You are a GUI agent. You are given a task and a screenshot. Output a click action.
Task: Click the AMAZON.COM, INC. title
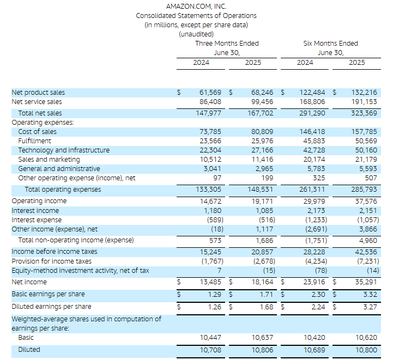(196, 6)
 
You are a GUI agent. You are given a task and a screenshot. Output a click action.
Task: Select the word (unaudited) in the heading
(196, 34)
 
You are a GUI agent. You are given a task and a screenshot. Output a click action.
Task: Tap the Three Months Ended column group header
(227, 44)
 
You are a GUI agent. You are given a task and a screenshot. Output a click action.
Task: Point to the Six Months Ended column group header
(331, 44)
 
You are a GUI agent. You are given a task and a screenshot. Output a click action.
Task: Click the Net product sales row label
(38, 93)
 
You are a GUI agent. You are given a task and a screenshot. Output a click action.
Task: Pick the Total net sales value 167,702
(261, 113)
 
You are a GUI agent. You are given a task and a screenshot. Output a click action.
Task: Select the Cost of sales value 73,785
(210, 132)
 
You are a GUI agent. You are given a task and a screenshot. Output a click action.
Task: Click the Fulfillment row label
(34, 141)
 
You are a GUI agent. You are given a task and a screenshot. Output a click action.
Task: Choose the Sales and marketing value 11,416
(262, 160)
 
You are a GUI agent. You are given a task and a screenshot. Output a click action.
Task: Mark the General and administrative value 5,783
(316, 169)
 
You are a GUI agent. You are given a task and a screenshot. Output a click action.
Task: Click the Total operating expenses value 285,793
(364, 190)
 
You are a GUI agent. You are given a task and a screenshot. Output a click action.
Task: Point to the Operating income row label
(39, 201)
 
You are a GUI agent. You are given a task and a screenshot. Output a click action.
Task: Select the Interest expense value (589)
(215, 220)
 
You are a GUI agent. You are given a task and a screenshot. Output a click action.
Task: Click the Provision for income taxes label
(52, 261)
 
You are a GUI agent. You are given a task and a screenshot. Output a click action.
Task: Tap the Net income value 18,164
(262, 282)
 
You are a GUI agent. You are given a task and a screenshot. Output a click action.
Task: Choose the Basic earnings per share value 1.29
(215, 295)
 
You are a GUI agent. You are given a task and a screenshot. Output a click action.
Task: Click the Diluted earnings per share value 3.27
(370, 307)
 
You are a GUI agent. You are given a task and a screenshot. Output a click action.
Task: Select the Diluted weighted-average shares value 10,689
(315, 350)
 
